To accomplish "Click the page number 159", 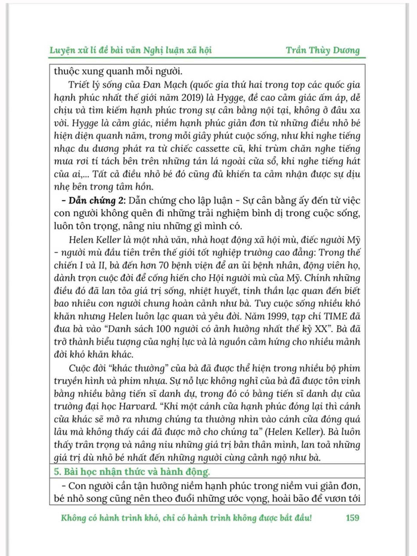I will pos(352,518).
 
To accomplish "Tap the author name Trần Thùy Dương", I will pos(322,51).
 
